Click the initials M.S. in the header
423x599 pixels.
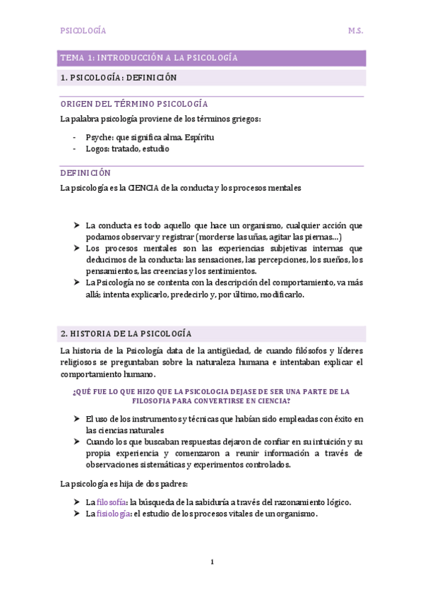[x=355, y=31]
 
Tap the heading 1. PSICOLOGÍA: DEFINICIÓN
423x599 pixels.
[x=119, y=78]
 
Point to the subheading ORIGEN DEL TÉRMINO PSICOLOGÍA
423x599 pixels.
[x=134, y=104]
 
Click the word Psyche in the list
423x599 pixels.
[x=98, y=136]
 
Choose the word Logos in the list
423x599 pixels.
[x=97, y=149]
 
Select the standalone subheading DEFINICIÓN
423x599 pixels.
[x=85, y=173]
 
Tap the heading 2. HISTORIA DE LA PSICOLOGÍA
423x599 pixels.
[x=126, y=333]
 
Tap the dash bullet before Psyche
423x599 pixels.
[x=76, y=137]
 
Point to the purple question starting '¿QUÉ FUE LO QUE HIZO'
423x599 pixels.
[x=211, y=396]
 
